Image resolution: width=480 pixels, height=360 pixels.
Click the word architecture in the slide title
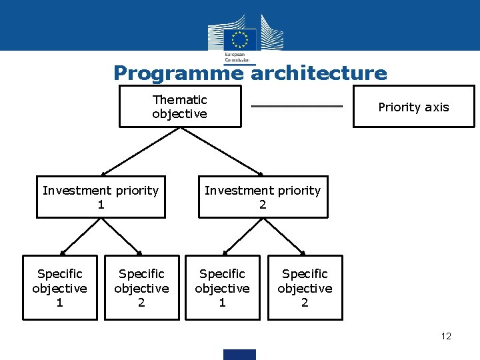(x=319, y=73)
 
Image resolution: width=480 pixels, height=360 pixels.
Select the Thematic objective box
(x=180, y=107)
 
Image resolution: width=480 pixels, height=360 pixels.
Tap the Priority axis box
(x=413, y=107)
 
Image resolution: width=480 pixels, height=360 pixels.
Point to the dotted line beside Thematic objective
(x=297, y=107)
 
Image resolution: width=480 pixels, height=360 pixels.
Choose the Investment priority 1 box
(x=101, y=197)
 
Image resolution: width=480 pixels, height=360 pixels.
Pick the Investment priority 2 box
(x=263, y=197)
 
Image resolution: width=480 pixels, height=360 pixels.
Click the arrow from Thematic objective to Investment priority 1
(x=141, y=151)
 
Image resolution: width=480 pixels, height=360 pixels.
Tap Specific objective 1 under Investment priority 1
(x=60, y=288)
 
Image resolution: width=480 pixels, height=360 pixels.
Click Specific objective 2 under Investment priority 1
(x=141, y=288)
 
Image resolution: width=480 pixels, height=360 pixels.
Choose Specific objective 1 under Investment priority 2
(x=222, y=288)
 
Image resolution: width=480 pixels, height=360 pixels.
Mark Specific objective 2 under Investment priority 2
(x=305, y=288)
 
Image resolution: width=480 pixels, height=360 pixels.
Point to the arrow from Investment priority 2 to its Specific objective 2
(x=284, y=237)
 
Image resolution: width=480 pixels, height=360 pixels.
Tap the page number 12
(x=446, y=336)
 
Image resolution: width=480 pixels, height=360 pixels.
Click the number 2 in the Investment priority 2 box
(x=263, y=205)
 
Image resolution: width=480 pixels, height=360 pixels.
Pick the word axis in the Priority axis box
(x=436, y=107)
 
